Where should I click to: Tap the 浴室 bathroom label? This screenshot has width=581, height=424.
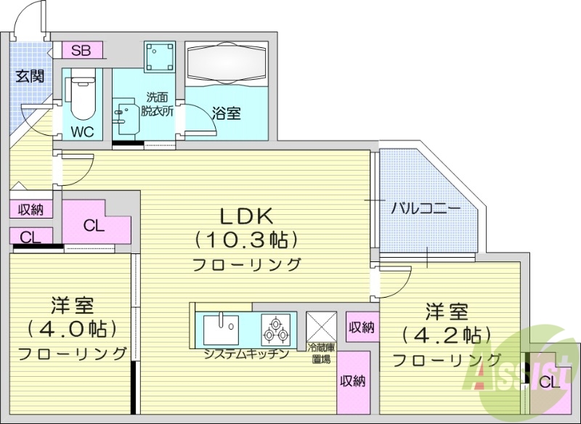click(x=227, y=113)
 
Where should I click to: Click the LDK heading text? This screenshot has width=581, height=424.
click(x=246, y=215)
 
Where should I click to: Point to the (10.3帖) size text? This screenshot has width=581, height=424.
click(x=246, y=239)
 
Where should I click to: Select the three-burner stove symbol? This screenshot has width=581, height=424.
click(x=276, y=330)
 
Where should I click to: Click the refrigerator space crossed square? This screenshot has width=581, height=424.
click(x=320, y=326)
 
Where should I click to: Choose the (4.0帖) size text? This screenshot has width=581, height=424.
click(x=72, y=328)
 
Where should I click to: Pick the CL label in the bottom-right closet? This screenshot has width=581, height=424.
click(x=550, y=382)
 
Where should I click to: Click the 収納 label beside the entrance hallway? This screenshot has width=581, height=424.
click(x=30, y=210)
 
